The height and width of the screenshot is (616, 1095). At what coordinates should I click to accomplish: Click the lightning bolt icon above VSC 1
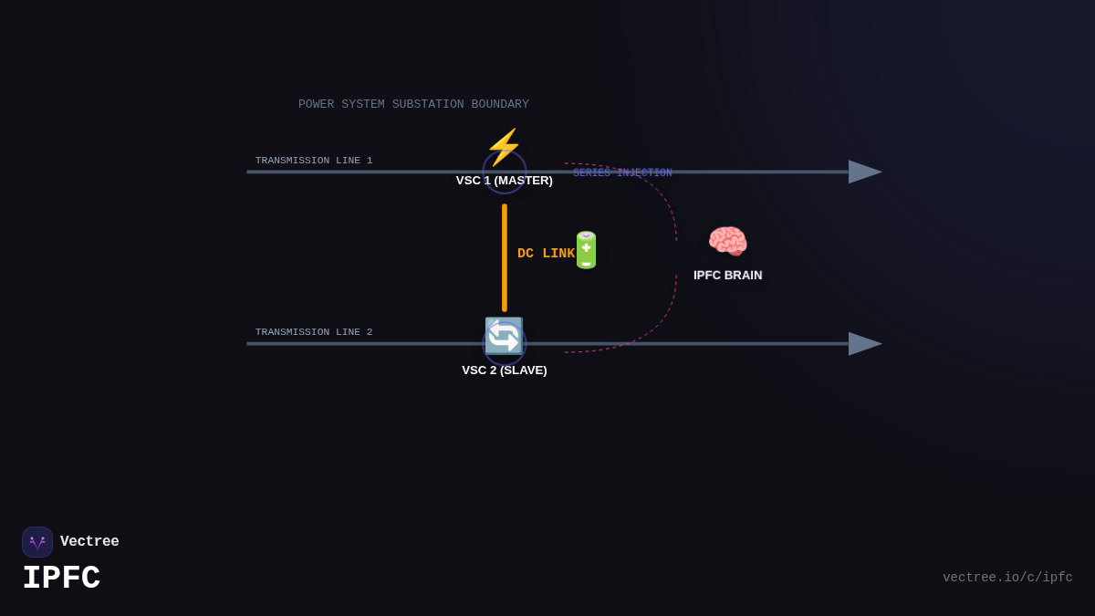click(x=504, y=146)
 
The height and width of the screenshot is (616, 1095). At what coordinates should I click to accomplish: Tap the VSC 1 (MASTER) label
click(x=505, y=181)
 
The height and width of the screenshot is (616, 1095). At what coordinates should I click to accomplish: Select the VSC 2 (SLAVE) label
click(x=505, y=371)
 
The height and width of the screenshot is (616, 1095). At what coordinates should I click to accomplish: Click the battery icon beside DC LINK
click(x=586, y=250)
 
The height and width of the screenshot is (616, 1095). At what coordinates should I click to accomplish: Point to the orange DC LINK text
click(x=546, y=254)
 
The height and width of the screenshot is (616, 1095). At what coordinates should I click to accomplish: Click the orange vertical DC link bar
click(x=505, y=257)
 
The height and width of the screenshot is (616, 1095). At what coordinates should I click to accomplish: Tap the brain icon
click(x=727, y=242)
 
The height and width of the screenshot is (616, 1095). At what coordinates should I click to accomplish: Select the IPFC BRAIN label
click(x=727, y=275)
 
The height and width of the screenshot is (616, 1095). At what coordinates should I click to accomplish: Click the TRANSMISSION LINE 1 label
click(x=314, y=161)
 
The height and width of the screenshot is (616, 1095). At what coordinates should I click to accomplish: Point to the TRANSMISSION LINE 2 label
click(x=314, y=332)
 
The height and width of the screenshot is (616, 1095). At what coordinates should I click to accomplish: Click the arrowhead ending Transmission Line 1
click(x=864, y=172)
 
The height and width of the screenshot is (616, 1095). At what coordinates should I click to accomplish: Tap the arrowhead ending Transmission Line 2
click(x=864, y=344)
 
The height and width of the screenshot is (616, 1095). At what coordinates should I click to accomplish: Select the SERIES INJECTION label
click(x=622, y=173)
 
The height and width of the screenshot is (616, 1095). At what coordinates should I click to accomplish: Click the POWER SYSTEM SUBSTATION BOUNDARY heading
click(x=413, y=105)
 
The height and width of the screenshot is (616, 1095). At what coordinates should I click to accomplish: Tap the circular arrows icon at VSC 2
click(x=504, y=336)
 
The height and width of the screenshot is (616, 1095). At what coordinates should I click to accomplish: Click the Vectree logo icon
click(x=37, y=542)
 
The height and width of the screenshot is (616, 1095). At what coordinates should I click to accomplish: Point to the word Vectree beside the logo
click(x=89, y=542)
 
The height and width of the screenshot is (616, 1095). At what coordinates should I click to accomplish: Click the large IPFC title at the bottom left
click(x=61, y=579)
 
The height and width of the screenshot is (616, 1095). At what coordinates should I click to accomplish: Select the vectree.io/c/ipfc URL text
click(x=1007, y=578)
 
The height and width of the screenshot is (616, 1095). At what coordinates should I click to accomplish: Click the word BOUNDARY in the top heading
click(x=500, y=105)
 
